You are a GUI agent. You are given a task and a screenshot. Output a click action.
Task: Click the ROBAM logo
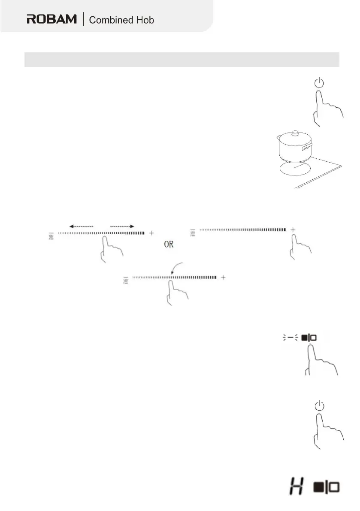click(52, 19)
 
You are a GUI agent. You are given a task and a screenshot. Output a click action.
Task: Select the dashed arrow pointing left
click(82, 226)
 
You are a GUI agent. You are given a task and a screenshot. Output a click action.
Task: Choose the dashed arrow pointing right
click(122, 226)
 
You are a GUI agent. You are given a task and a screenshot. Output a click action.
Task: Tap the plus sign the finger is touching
click(293, 230)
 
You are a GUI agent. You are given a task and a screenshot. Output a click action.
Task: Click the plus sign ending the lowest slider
click(223, 278)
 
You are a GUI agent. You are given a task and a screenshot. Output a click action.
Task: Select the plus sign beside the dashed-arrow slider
click(151, 233)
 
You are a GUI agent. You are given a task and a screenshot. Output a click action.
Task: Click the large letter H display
click(296, 487)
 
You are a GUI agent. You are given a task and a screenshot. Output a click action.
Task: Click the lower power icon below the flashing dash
click(318, 405)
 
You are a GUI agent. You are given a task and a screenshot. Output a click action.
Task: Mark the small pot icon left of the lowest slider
click(124, 280)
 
